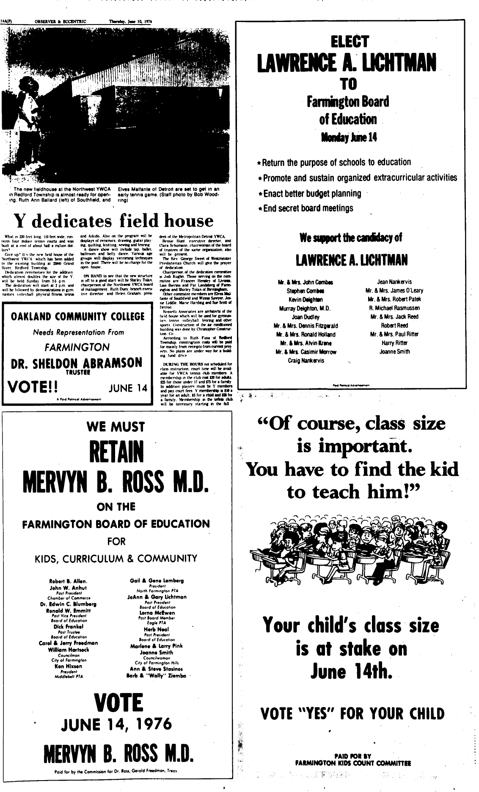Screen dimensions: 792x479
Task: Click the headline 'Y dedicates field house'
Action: coord(114,220)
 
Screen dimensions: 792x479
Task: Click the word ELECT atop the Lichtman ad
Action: coord(350,42)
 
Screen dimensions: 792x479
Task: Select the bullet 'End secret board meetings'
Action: coord(308,208)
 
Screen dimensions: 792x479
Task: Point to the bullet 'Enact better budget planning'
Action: coord(312,194)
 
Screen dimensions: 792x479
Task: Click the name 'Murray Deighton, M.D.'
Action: coord(305,308)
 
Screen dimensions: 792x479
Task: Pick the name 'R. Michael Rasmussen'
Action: coord(394,308)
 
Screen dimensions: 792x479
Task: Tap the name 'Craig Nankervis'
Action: coord(306,360)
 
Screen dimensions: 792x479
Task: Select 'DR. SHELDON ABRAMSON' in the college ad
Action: coord(77,363)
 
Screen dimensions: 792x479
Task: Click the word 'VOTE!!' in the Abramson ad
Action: coord(33,387)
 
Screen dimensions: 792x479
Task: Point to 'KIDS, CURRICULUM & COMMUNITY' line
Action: coord(116,559)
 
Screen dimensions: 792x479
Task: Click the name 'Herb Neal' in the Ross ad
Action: coord(157,629)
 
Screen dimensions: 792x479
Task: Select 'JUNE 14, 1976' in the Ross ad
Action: coord(116,725)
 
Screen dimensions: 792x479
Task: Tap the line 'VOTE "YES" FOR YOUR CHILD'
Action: coord(352,714)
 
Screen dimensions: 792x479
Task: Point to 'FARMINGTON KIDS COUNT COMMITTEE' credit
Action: coord(352,763)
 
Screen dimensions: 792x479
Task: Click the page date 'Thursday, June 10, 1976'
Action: coord(130,21)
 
